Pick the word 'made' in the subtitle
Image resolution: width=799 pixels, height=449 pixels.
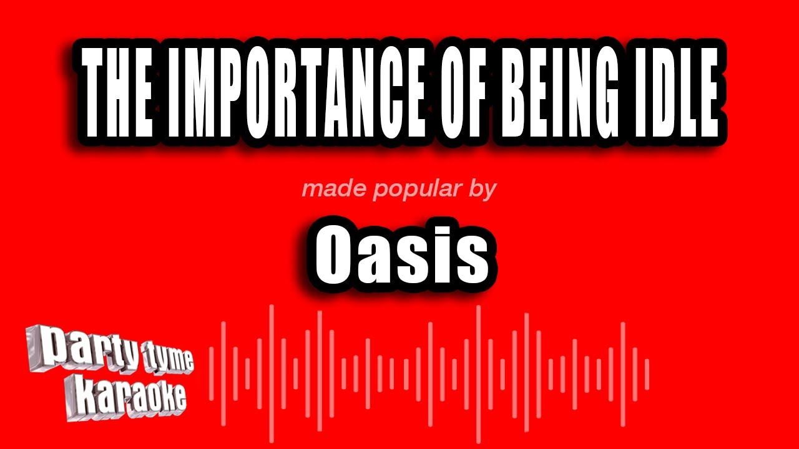tap(329, 188)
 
